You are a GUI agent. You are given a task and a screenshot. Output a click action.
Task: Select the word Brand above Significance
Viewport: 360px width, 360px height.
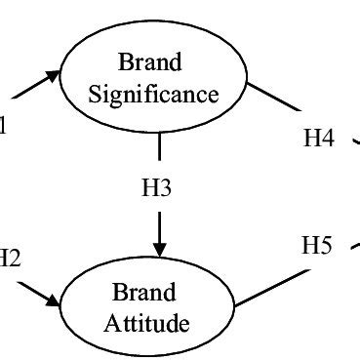pos(150,64)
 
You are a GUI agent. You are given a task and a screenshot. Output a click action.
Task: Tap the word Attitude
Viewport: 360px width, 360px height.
pos(144,323)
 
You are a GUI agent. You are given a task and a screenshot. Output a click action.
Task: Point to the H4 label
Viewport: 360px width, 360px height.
pos(319,139)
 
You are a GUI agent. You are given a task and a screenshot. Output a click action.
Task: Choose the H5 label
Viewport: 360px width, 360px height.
pos(316,246)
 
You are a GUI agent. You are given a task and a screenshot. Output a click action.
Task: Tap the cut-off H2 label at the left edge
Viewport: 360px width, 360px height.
pos(9,258)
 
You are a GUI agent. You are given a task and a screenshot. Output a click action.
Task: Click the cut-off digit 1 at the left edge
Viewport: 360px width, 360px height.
pos(4,125)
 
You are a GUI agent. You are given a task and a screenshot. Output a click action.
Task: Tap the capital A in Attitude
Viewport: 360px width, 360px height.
pos(110,323)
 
